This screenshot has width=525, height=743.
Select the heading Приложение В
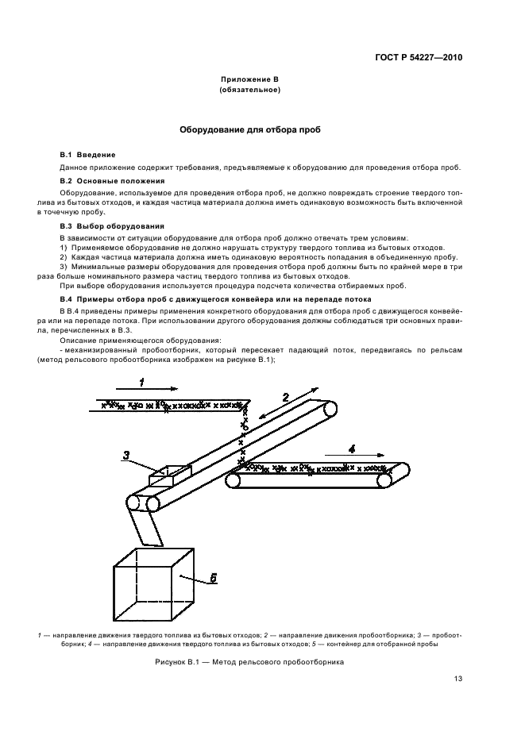(x=249, y=80)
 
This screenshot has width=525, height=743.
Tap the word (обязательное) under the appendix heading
(x=249, y=90)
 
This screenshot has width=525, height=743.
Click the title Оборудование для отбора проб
(x=249, y=129)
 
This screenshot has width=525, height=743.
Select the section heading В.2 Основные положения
(x=111, y=181)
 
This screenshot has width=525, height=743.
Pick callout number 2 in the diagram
(x=284, y=398)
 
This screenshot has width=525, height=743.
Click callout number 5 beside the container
(x=212, y=578)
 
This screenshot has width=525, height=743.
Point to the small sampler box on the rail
(x=169, y=474)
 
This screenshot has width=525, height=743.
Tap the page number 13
(x=458, y=679)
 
